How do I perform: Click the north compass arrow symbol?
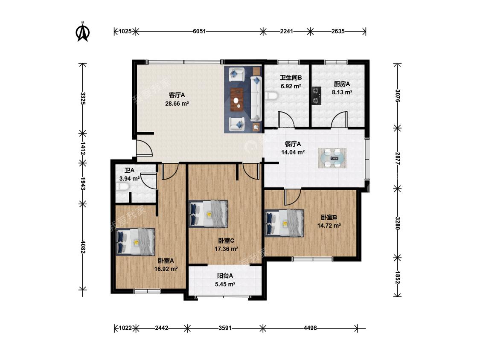82,32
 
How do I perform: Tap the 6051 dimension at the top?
199,31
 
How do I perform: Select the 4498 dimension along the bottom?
310,328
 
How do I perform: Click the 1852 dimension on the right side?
397,277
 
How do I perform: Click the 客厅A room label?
177,95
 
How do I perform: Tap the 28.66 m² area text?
177,104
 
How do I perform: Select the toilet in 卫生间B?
271,96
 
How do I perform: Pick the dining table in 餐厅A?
332,158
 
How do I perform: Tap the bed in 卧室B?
285,223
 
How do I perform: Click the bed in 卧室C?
209,214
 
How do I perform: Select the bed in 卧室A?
135,242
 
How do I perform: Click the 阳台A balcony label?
225,276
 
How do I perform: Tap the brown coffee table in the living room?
237,99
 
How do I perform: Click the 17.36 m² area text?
226,249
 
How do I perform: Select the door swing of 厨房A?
339,119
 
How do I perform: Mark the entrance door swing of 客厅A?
144,148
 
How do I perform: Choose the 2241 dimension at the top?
287,31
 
